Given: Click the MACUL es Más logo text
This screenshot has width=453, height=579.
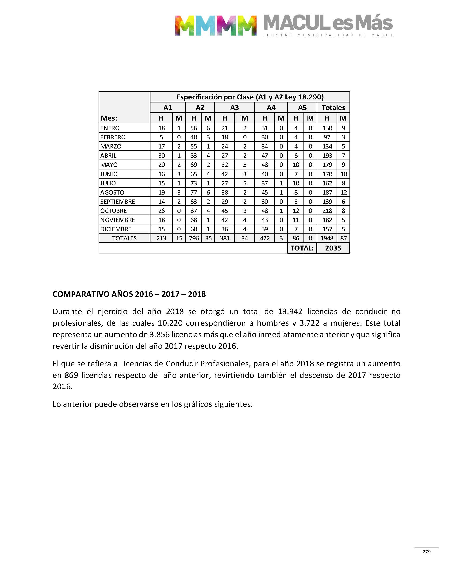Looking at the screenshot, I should coord(328,23).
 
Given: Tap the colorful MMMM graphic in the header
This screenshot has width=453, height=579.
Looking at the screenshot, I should coord(216,25).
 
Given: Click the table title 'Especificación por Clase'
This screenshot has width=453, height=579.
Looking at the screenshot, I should coord(250,97).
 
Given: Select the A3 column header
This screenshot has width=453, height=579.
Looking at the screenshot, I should coord(234,108).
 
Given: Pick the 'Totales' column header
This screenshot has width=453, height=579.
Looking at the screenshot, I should coord(333,108).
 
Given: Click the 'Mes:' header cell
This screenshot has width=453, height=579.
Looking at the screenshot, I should coord(109,118).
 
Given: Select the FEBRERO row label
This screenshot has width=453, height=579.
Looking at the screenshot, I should coord(113,137).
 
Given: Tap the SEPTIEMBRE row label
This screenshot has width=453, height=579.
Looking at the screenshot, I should coord(118,201).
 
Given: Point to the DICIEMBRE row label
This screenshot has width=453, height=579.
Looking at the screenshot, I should coord(116,229).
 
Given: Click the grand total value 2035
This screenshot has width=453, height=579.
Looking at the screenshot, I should coord(333,248).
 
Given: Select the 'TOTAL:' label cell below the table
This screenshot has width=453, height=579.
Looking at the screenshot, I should coord(302,248).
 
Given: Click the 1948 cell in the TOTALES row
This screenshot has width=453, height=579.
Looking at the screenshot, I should coord(327,238).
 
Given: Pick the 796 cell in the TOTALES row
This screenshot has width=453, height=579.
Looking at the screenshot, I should coord(194,238).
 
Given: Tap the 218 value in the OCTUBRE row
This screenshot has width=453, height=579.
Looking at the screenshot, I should coord(327,211).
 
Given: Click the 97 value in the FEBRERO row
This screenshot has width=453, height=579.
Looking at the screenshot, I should coord(327,137).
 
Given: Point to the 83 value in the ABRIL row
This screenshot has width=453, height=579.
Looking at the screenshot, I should coord(194,156).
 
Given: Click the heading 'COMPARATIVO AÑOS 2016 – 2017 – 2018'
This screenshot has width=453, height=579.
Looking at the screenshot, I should coord(129,294).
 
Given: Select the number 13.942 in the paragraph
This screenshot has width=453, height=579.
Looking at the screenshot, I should coord(290,311).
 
